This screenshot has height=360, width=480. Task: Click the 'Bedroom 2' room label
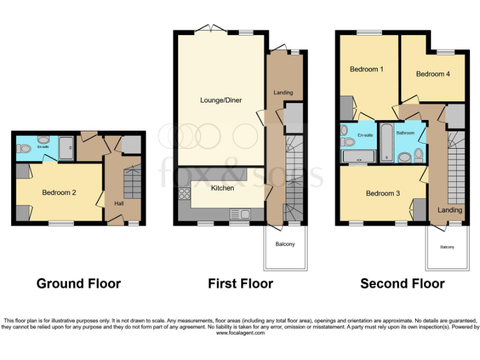tap(59, 192)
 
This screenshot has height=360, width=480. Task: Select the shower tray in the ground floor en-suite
tap(66, 148)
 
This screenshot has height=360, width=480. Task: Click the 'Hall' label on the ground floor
tap(119, 204)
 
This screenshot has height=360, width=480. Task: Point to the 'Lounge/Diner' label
tap(221, 100)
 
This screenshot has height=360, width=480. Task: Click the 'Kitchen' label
tap(222, 188)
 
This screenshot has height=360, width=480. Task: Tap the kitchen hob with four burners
tap(184, 194)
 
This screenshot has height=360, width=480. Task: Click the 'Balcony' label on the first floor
tap(284, 244)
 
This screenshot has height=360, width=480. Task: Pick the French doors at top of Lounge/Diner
tap(210, 29)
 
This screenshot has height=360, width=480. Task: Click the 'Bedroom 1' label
tap(367, 69)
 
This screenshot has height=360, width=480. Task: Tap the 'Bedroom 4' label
tap(433, 74)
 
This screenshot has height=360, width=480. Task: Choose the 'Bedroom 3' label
tap(383, 194)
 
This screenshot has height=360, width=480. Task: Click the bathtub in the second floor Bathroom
tap(387, 142)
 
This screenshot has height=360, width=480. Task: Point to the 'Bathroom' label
tap(405, 133)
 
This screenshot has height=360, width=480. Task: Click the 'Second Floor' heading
tap(402, 284)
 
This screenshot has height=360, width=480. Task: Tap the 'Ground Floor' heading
tap(79, 284)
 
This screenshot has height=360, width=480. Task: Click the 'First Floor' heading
tap(241, 284)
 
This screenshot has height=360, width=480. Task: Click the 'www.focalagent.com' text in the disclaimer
tap(240, 333)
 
